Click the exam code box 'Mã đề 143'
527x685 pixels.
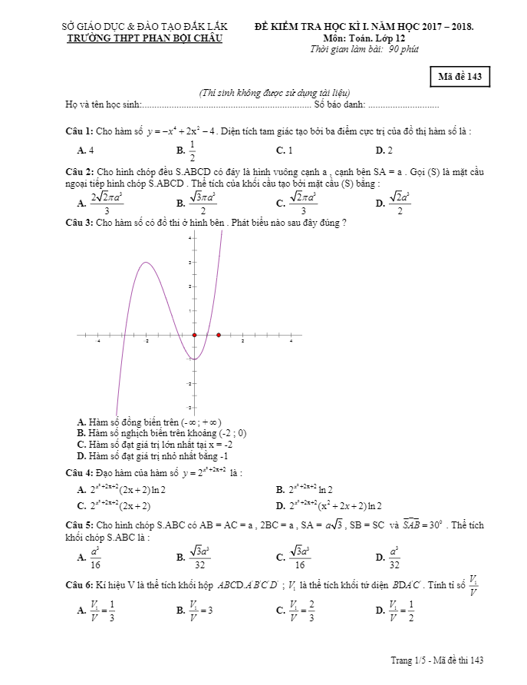tap(459, 78)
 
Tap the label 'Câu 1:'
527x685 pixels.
tap(79, 131)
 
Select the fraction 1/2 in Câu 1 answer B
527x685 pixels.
tap(192, 151)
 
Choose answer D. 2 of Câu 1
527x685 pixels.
tap(384, 151)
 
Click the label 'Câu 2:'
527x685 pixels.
tap(79, 171)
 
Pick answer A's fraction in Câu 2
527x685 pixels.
tap(107, 203)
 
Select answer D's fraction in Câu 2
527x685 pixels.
tap(400, 203)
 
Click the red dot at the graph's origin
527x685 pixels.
tap(194, 336)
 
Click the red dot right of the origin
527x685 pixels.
tap(219, 336)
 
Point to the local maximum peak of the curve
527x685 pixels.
tap(146, 263)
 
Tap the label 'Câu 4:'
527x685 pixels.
tap(79, 472)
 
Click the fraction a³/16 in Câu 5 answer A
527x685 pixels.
tap(95, 557)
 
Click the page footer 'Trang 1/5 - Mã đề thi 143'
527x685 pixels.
tap(437, 660)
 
